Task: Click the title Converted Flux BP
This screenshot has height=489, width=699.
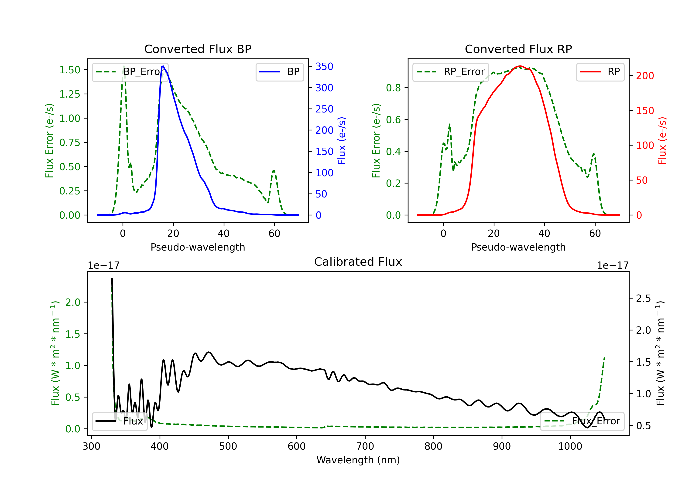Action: (198, 49)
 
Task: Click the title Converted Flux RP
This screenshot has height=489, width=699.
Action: (518, 49)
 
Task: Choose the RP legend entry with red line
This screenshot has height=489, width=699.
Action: (600, 72)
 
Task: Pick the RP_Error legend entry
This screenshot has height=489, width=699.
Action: (451, 72)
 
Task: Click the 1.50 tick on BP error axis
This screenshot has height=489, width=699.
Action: (70, 70)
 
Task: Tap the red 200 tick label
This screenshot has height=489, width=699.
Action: (645, 76)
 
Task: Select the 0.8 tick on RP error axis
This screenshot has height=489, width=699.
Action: (393, 88)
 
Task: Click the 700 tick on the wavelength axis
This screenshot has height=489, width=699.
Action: (365, 446)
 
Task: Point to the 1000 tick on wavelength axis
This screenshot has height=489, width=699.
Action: (570, 446)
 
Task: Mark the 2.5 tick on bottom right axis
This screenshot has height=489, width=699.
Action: (643, 299)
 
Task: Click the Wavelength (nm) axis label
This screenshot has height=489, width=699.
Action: (358, 460)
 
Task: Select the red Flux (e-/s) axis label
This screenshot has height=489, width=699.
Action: (662, 141)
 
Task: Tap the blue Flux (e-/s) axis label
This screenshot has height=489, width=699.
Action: (342, 141)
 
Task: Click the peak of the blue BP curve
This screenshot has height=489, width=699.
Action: (163, 66)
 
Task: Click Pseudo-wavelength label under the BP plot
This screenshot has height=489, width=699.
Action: (198, 247)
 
